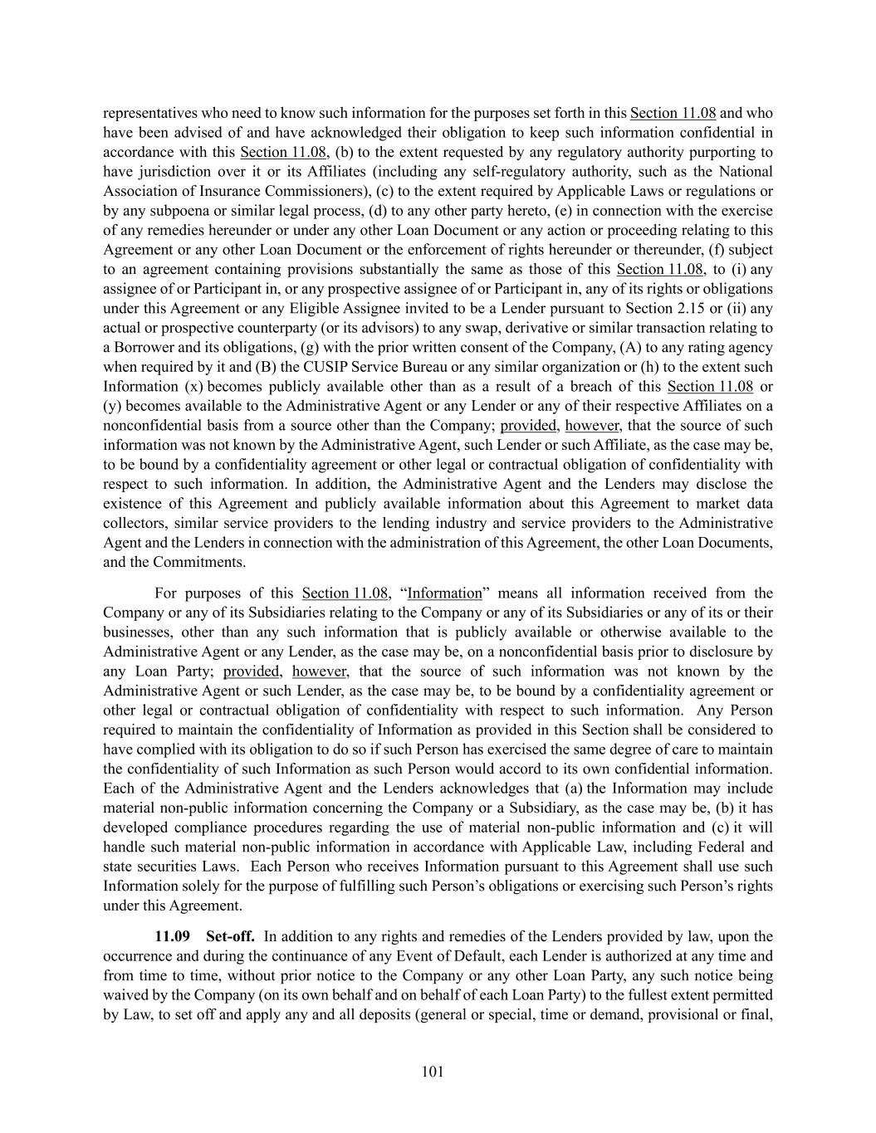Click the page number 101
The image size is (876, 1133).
coord(433,1072)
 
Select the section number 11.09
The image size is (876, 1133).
coord(172,936)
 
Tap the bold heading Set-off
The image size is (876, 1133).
coord(230,936)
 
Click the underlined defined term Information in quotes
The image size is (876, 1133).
coord(444,593)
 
